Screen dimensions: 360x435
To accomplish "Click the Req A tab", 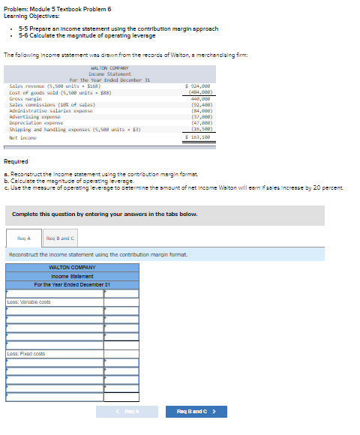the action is point(23,238).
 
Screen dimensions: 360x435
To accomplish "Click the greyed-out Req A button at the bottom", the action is point(127,411).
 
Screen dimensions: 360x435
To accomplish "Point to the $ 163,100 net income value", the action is point(196,138).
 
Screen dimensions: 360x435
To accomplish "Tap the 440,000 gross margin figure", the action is point(199,98).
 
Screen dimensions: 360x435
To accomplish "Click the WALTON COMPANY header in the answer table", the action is point(72,268).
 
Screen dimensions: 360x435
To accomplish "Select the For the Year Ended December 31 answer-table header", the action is point(72,284).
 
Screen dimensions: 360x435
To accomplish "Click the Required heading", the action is point(16,162).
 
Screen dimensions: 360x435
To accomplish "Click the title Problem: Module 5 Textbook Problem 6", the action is point(46,7).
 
